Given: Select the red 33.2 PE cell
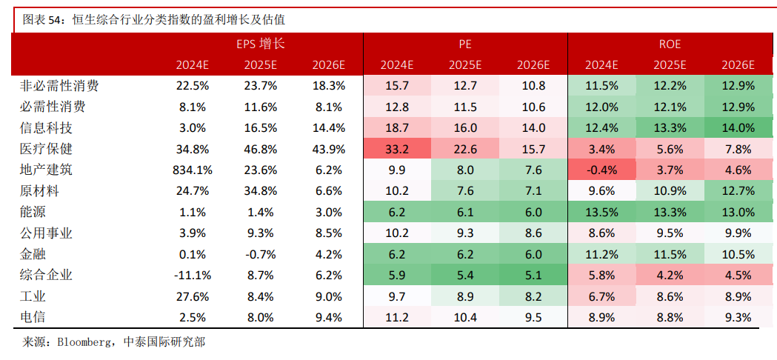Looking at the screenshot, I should (397, 149).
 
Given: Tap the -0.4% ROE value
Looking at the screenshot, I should (601, 170).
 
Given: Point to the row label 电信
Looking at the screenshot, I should (33, 318).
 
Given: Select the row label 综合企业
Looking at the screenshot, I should (46, 276).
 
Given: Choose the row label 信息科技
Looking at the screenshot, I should (46, 127).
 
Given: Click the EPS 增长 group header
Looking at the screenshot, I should (261, 44).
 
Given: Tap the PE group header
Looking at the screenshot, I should (465, 44).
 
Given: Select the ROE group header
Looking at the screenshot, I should (670, 44).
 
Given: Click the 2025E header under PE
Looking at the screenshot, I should (465, 64).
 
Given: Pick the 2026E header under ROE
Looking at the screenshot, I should (738, 64).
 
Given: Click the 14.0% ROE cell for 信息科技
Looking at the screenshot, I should (738, 127).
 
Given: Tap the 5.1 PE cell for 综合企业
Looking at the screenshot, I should (533, 276).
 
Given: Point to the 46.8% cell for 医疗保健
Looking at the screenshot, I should (261, 149).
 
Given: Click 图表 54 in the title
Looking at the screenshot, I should (40, 20).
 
